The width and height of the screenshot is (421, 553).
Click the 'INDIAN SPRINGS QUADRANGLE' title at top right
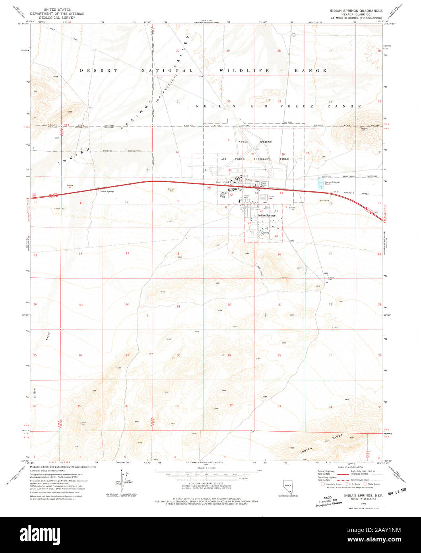point(354,10)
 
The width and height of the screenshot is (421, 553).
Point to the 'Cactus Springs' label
point(107,191)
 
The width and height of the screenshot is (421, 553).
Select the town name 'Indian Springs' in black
point(266,215)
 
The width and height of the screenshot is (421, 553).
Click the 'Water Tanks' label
point(221,182)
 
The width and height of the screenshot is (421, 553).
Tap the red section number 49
point(276,236)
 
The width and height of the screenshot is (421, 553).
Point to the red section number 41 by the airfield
point(206,170)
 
